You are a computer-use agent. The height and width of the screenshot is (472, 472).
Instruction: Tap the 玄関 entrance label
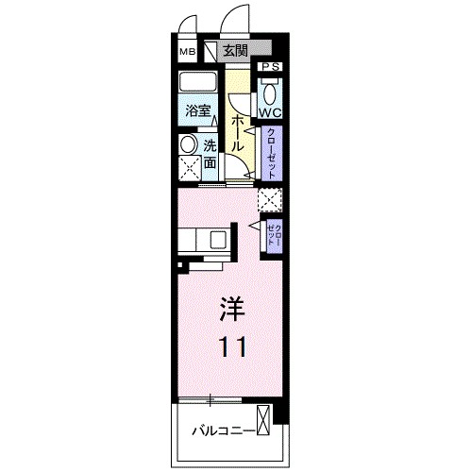236,52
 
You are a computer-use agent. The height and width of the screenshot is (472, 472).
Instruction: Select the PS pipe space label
270,67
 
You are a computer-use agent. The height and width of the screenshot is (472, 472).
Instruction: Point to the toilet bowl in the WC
270,91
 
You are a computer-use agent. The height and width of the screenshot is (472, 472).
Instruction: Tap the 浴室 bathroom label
197,110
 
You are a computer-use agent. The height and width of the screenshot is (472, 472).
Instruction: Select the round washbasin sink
188,145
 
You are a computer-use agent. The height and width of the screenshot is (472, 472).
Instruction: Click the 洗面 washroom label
211,155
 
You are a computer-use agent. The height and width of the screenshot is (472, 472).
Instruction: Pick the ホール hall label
238,133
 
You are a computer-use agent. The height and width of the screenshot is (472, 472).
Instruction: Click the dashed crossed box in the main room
270,199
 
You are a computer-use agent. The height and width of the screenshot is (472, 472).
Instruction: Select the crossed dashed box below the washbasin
188,170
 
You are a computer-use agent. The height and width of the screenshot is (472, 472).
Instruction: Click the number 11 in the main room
234,347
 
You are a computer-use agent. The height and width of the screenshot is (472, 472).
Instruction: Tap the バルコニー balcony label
222,430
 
